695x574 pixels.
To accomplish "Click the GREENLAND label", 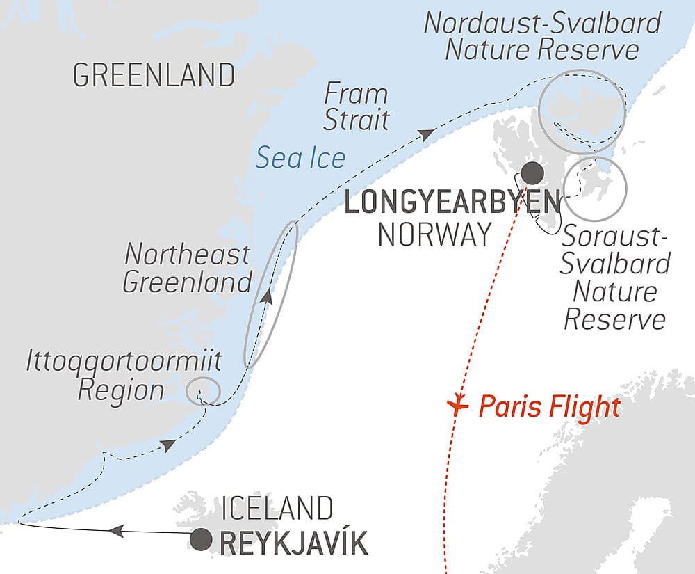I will [154, 75].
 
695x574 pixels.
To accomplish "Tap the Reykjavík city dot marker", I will [202, 539].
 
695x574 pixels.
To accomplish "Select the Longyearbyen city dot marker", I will [533, 172].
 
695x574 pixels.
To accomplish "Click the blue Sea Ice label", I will [300, 159].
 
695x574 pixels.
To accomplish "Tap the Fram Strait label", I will [356, 107].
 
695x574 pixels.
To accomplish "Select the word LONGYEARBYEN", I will [452, 204].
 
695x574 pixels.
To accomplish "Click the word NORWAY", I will [434, 235].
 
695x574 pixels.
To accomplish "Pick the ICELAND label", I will [274, 509].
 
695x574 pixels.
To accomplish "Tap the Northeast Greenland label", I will [187, 269].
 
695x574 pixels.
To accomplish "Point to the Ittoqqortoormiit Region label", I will [124, 376].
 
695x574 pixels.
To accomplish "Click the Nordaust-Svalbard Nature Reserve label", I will [542, 36].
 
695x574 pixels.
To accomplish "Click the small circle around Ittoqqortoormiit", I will [204, 390].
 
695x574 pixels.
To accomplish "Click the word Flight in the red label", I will [585, 406].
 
